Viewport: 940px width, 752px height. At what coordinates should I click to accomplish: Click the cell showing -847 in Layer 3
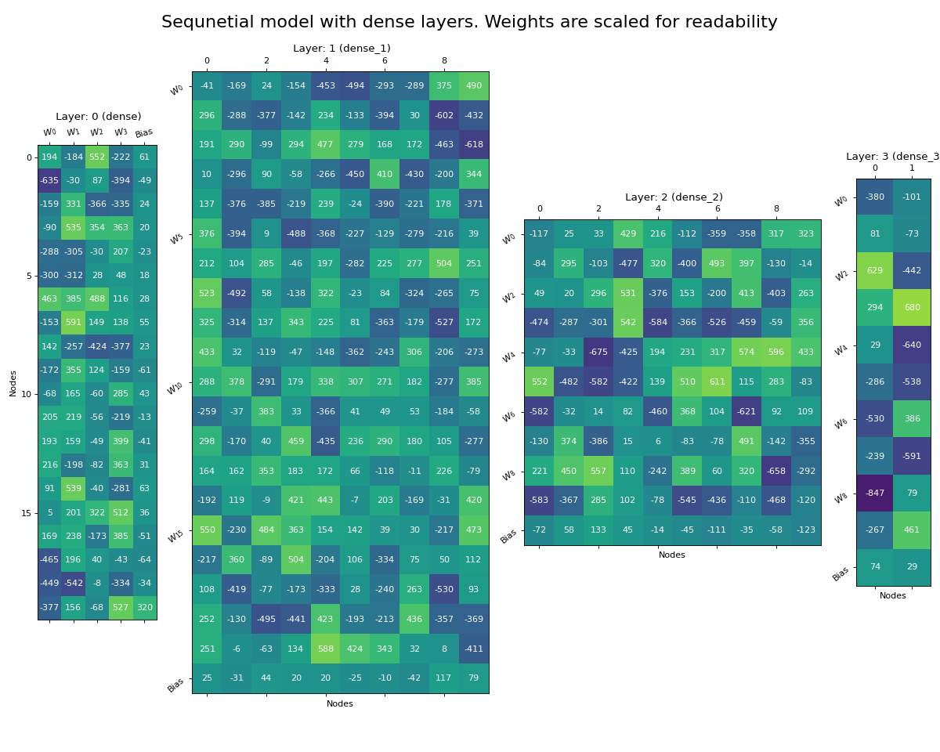pyautogui.click(x=874, y=493)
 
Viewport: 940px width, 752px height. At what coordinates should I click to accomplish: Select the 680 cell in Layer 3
pyautogui.click(x=912, y=308)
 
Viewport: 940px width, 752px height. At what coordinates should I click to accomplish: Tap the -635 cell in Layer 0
pyautogui.click(x=49, y=181)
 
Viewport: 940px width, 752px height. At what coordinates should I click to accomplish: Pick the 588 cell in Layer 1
pyautogui.click(x=325, y=649)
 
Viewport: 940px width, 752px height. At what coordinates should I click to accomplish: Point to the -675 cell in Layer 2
pyautogui.click(x=598, y=352)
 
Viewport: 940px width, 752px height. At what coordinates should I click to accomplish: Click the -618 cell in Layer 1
pyautogui.click(x=474, y=146)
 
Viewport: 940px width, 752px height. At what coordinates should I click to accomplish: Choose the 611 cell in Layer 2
pyautogui.click(x=717, y=382)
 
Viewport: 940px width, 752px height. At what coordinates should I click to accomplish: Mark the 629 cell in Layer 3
pyautogui.click(x=874, y=270)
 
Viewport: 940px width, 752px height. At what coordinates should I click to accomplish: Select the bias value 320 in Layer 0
pyautogui.click(x=144, y=608)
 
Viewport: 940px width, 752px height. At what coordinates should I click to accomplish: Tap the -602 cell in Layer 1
pyautogui.click(x=444, y=116)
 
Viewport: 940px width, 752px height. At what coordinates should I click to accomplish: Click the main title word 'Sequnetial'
pyautogui.click(x=204, y=23)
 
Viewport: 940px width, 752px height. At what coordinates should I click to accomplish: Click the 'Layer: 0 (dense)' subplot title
pyautogui.click(x=98, y=117)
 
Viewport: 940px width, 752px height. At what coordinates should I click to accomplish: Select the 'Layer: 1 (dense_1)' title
pyautogui.click(x=342, y=49)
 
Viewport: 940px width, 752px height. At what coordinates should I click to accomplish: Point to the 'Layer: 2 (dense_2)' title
pyautogui.click(x=674, y=197)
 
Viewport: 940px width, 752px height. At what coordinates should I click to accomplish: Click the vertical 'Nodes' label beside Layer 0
pyautogui.click(x=13, y=383)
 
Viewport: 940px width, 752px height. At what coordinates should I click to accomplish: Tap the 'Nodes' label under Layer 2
pyautogui.click(x=671, y=555)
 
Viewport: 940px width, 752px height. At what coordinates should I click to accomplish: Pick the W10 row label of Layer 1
pyautogui.click(x=175, y=389)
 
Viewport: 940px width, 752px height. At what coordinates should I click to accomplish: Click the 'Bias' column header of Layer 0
pyautogui.click(x=144, y=133)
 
